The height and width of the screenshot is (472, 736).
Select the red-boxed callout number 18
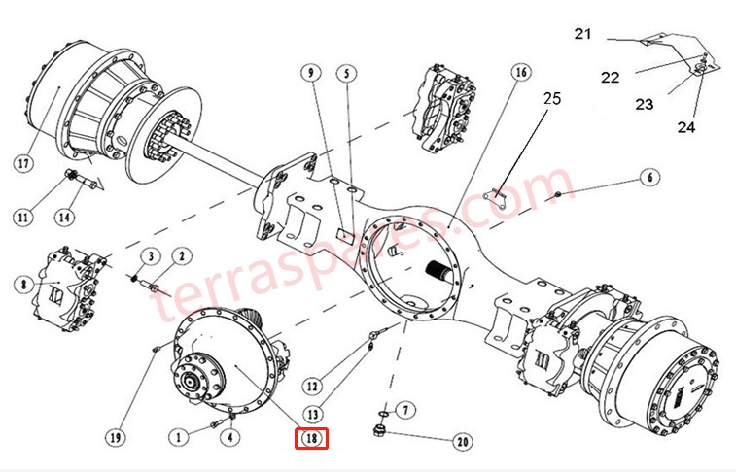tap(312, 439)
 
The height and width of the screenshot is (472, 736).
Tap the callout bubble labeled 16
tap(520, 74)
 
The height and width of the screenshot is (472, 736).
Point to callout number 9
tap(310, 74)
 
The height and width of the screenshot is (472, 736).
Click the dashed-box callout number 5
tap(349, 74)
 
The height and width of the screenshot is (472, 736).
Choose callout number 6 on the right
tap(649, 178)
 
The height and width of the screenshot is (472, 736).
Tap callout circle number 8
tap(21, 285)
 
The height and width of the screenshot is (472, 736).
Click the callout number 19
tap(116, 438)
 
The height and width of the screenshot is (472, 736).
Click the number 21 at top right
tap(582, 34)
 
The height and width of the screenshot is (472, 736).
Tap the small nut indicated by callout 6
tap(559, 197)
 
